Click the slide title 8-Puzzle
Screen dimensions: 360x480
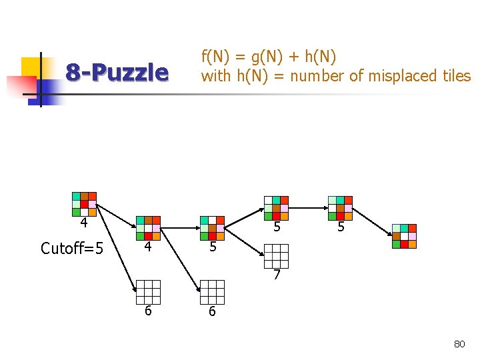(x=117, y=72)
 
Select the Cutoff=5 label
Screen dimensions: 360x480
(x=72, y=249)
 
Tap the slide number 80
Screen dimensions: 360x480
(x=459, y=344)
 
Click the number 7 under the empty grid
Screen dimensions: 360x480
(x=276, y=275)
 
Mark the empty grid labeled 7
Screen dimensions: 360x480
(x=276, y=256)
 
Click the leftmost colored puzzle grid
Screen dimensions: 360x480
(x=84, y=204)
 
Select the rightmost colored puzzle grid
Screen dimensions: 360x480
(x=404, y=236)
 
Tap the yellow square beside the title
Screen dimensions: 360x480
(x=31, y=67)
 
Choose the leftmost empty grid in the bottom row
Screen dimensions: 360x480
(x=148, y=292)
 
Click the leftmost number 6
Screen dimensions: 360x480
(x=148, y=311)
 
